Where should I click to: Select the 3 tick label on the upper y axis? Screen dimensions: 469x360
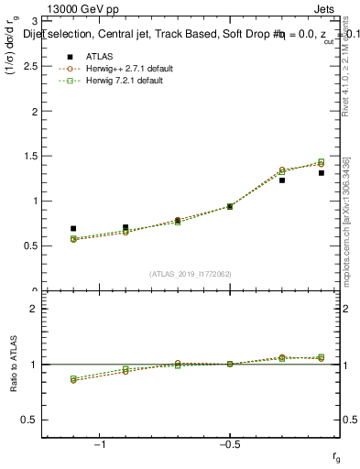(34, 20)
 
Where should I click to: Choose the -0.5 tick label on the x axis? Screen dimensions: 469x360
(228, 444)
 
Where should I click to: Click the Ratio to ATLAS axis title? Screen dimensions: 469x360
(12, 365)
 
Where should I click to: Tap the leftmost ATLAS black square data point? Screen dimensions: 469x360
(73, 228)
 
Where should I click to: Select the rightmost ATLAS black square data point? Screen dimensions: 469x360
(322, 172)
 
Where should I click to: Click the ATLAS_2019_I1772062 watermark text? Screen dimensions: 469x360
(191, 273)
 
